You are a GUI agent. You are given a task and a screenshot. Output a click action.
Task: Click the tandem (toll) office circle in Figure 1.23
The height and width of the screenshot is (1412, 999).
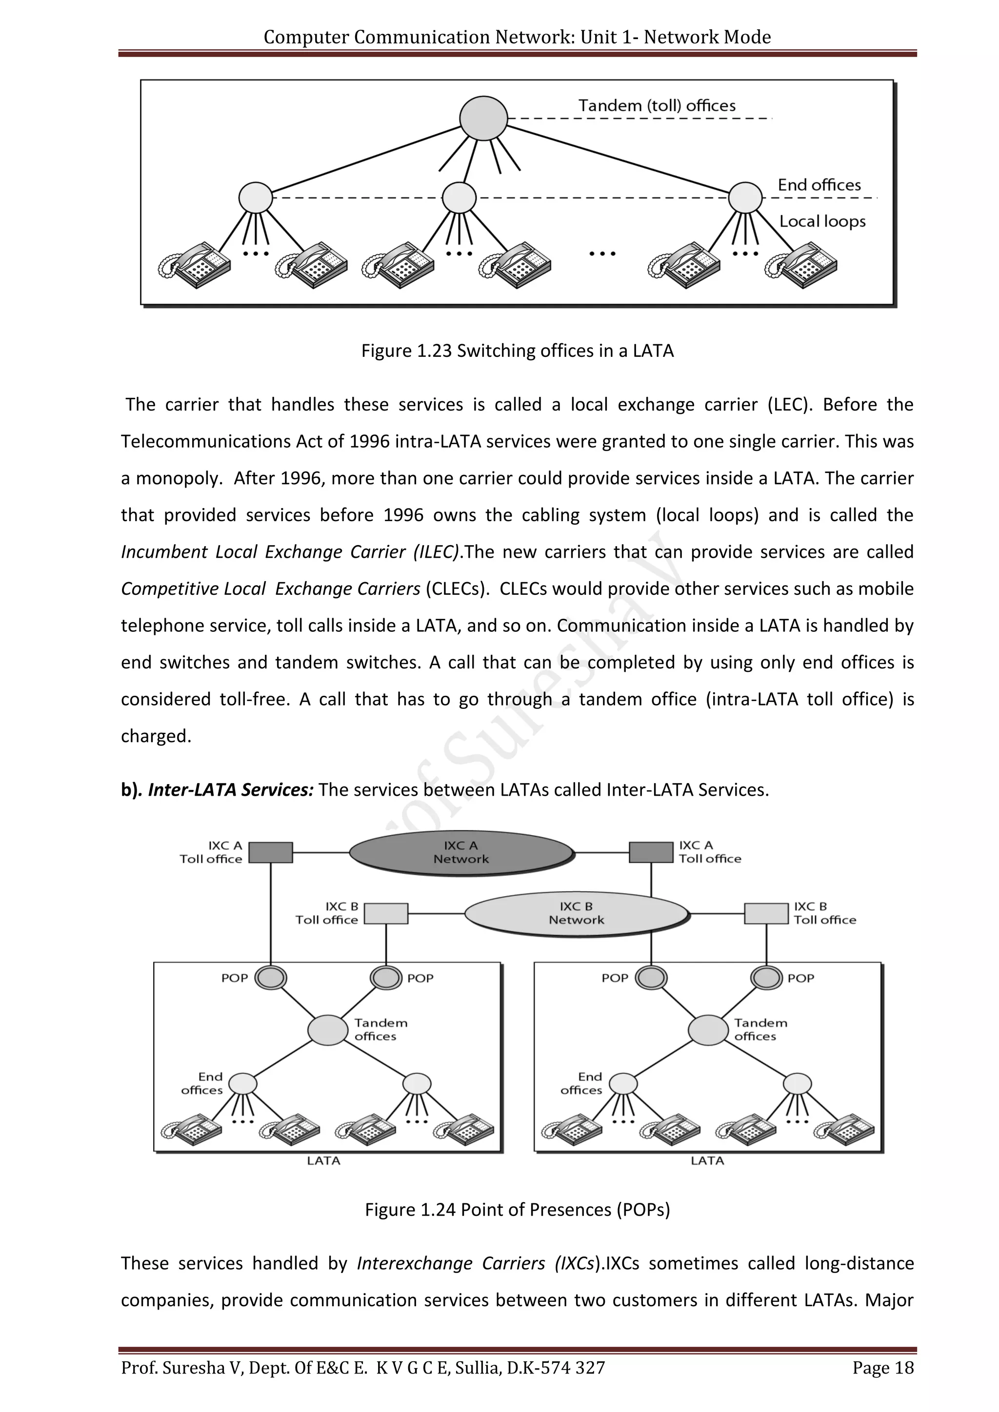tap(483, 118)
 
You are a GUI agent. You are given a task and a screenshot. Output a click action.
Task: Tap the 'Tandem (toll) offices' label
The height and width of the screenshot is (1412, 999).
tap(657, 106)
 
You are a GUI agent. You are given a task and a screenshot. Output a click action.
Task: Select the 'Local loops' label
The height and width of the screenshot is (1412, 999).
tap(822, 221)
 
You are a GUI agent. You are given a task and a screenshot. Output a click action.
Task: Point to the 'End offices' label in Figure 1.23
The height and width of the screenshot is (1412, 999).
tap(819, 185)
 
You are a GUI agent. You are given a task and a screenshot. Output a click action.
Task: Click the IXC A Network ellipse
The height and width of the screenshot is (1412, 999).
tap(461, 852)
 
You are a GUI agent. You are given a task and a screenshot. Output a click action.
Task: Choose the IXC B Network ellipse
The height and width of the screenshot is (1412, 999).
tap(577, 913)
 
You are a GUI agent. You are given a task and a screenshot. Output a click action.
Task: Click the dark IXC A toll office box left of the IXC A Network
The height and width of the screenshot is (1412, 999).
tap(271, 852)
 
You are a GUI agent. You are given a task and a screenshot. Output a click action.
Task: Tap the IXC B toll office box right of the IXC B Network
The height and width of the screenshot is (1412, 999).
tap(766, 913)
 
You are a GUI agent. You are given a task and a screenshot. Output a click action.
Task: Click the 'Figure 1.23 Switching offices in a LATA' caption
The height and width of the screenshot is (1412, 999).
tap(518, 351)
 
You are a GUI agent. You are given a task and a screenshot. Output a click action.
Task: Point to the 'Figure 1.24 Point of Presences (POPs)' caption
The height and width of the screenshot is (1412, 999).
tap(518, 1210)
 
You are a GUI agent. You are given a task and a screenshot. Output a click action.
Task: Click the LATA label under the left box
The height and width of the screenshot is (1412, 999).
tap(323, 1160)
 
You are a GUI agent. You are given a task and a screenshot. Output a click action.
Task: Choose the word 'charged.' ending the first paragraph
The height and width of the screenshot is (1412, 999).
tap(156, 736)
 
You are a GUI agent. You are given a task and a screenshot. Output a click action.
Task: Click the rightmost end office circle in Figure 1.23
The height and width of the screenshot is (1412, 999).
tap(745, 198)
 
